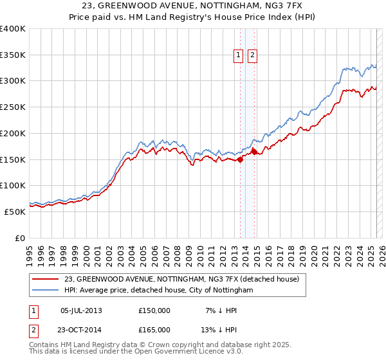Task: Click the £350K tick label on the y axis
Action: point(13,55)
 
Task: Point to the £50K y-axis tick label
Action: point(15,212)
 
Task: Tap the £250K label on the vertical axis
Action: point(13,107)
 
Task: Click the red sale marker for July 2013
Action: point(240,160)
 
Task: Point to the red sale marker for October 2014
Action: point(255,152)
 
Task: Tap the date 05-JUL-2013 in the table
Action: point(81,310)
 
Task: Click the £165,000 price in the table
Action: point(154,329)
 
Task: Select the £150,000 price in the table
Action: point(154,310)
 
